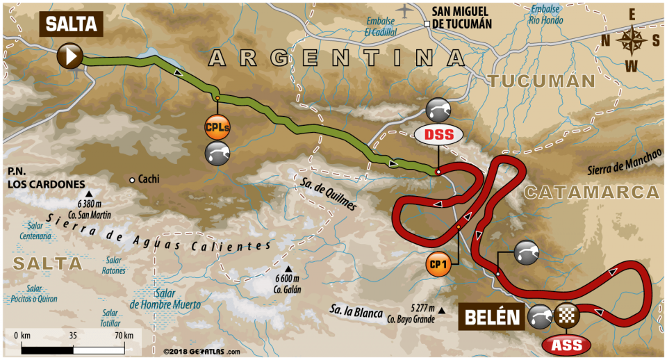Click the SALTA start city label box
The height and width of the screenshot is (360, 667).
71,24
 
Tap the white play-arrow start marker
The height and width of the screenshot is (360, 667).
71,56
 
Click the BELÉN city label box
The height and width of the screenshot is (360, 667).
491,318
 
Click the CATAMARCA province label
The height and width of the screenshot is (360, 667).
590,193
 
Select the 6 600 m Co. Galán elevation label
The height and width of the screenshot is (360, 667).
287,285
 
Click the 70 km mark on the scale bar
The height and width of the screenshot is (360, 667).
124,336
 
